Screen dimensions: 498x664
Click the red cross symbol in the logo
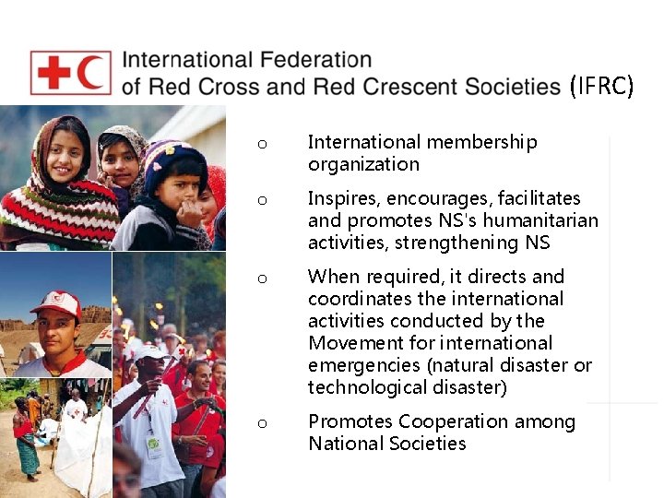pyautogui.click(x=53, y=73)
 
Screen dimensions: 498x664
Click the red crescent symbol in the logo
pyautogui.click(x=90, y=73)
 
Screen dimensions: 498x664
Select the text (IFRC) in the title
pyautogui.click(x=601, y=87)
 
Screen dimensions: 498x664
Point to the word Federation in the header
pyautogui.click(x=315, y=61)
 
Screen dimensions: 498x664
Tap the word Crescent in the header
pyautogui.click(x=410, y=87)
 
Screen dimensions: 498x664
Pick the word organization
pyautogui.click(x=363, y=165)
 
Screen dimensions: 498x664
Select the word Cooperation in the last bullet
pyautogui.click(x=452, y=422)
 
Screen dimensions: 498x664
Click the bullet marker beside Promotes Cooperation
pyautogui.click(x=262, y=423)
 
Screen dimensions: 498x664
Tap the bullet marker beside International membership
pyautogui.click(x=262, y=144)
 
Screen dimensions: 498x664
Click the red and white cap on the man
pyautogui.click(x=57, y=302)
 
